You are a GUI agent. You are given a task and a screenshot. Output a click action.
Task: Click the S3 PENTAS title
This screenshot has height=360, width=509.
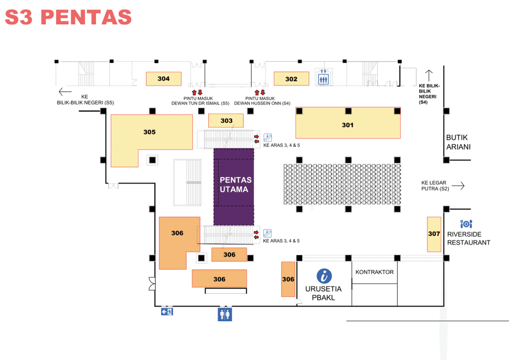coord(68,17)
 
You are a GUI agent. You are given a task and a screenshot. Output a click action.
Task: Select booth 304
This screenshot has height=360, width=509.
coord(163,79)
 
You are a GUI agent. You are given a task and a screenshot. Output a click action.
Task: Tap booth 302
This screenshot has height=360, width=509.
coord(291,79)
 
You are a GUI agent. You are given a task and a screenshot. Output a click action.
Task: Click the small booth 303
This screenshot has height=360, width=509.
coord(226,121)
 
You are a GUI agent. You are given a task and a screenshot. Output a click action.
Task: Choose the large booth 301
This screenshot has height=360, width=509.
coord(348,123)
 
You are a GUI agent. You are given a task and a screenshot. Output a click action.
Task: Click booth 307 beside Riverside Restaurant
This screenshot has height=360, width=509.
coord(434,234)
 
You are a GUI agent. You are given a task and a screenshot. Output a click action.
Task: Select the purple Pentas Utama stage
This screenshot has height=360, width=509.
coord(234,187)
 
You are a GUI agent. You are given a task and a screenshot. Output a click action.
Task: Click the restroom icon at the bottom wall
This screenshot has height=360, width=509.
coord(224,314)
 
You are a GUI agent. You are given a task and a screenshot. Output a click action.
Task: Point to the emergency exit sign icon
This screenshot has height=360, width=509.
coord(167,312)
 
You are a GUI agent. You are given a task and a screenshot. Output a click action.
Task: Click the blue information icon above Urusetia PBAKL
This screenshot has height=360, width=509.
coord(324,276)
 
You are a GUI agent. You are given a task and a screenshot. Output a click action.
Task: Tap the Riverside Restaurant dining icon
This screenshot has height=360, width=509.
coord(466,224)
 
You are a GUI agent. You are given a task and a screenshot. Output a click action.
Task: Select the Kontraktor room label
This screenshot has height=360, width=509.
coord(374,272)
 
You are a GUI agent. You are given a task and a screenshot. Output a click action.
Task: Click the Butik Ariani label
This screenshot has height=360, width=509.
coord(458,142)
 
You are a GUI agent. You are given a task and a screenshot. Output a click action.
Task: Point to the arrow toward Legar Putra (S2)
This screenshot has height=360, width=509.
coord(458,186)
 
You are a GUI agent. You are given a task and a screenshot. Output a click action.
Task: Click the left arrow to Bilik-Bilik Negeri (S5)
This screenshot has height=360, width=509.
coord(65,92)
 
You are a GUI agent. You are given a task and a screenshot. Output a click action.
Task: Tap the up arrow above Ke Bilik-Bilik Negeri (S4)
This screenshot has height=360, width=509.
coord(429,75)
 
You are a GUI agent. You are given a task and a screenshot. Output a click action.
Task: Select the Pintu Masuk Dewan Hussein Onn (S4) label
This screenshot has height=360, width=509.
coord(262,101)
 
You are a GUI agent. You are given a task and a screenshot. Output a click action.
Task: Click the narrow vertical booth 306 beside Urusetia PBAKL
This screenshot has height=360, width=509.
coord(288,279)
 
